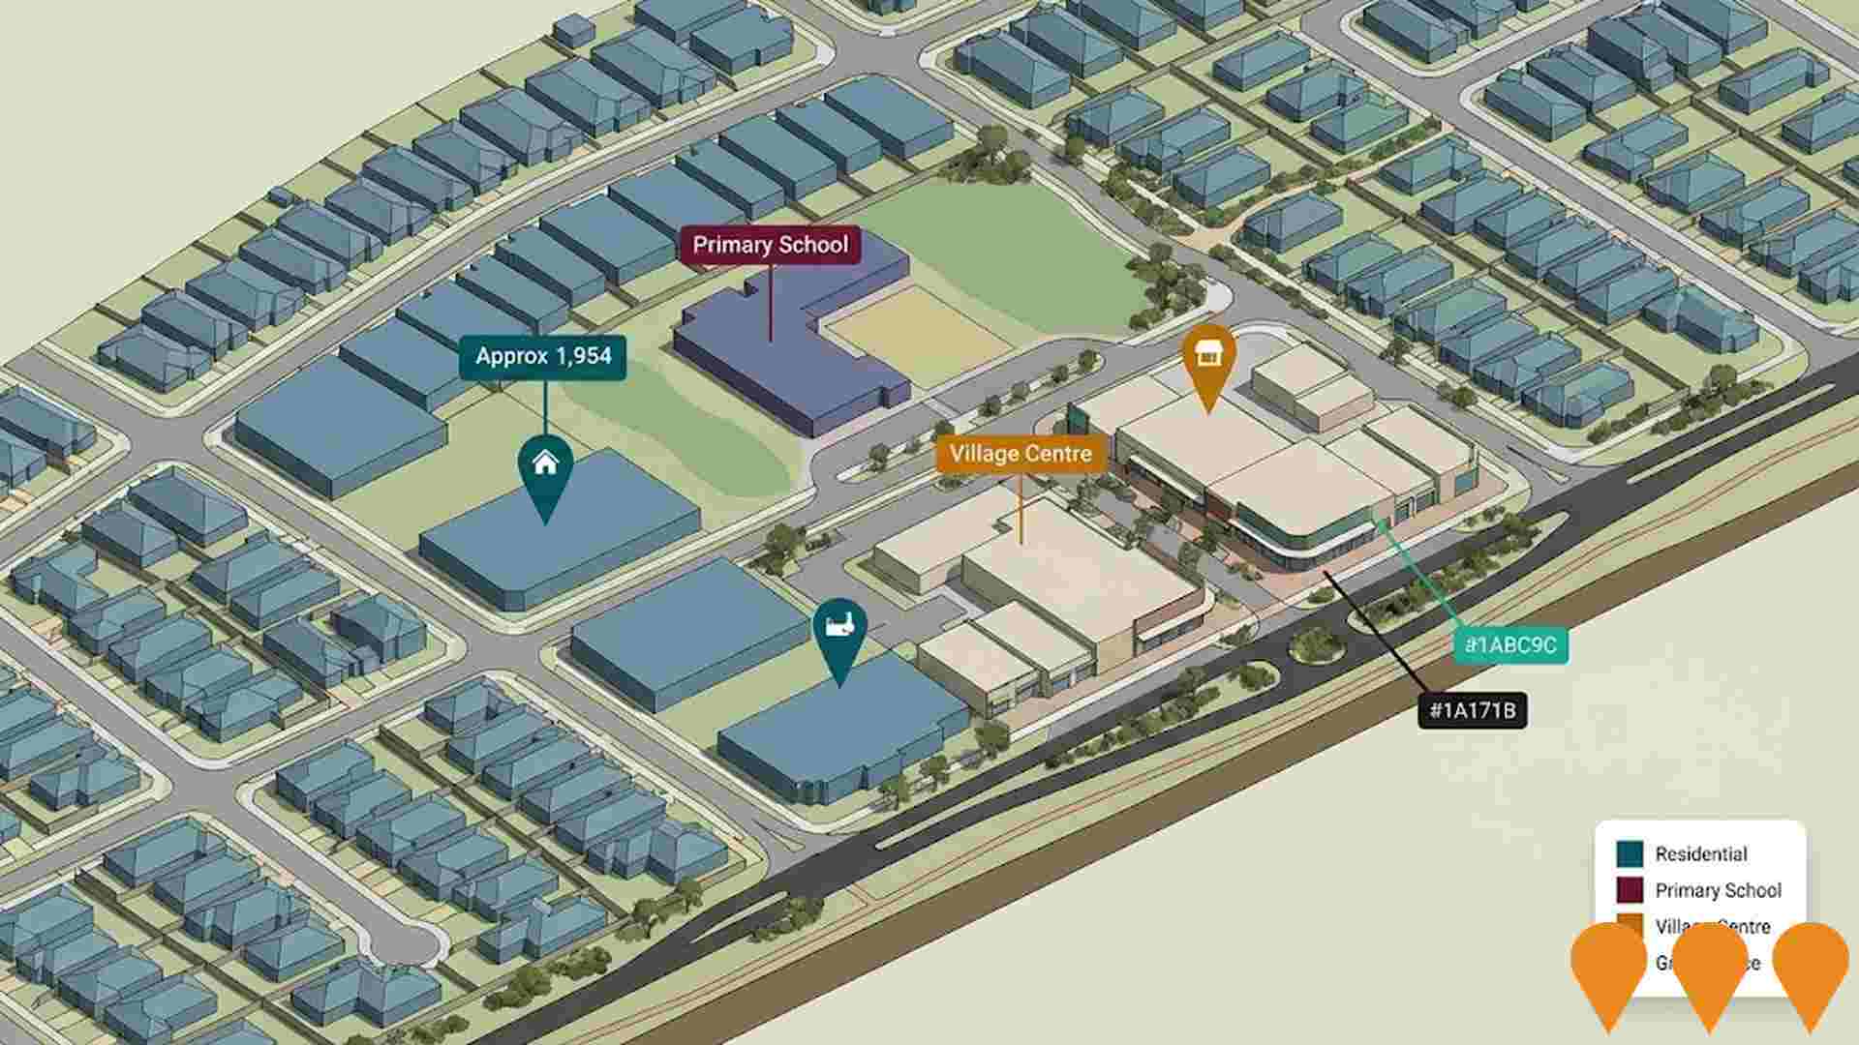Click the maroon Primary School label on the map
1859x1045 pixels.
pos(771,246)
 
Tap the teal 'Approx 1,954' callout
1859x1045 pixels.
pos(543,357)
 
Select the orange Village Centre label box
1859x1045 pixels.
pos(1021,454)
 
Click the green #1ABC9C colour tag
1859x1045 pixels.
pos(1510,645)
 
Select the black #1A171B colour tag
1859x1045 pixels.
pos(1472,711)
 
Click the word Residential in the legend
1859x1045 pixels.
pos(1700,854)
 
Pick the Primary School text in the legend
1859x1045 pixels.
pos(1718,890)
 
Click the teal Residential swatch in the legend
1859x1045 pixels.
pos(1630,854)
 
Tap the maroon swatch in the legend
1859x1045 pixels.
pos(1630,890)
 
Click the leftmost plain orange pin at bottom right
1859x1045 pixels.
pos(1608,968)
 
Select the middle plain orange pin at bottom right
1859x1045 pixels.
pos(1710,968)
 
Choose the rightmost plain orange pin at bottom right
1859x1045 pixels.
pos(1811,968)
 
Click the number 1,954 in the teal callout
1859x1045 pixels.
pos(584,357)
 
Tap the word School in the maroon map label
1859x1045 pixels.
pos(815,246)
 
